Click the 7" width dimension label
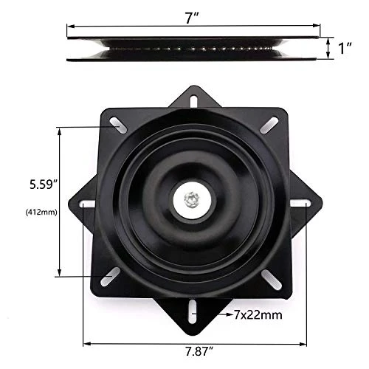click(192, 18)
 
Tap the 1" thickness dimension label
click(345, 48)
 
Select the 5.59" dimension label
click(44, 184)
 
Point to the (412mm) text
click(41, 212)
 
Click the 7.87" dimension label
click(199, 351)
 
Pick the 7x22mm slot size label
click(258, 314)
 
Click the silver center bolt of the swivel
click(192, 200)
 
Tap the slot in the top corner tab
click(193, 101)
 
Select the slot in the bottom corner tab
click(193, 311)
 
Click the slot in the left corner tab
click(88, 204)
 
